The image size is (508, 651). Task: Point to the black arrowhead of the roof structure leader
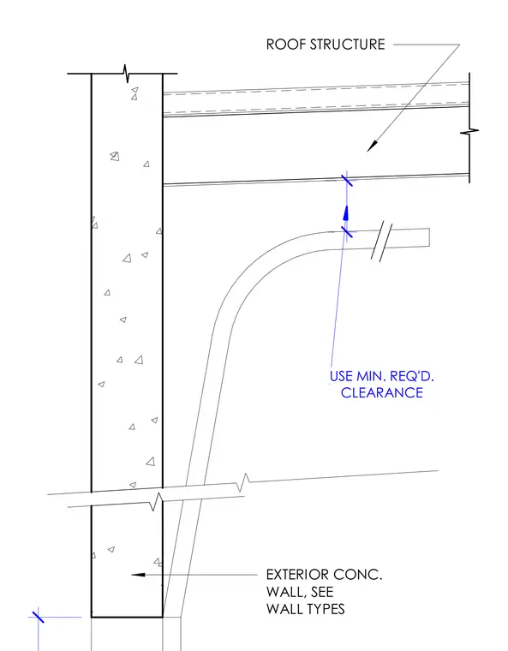[x=373, y=146]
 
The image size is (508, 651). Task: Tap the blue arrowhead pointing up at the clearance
[x=345, y=212]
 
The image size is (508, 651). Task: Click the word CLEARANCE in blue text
[x=382, y=393]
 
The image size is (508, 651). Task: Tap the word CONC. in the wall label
[x=357, y=575]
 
